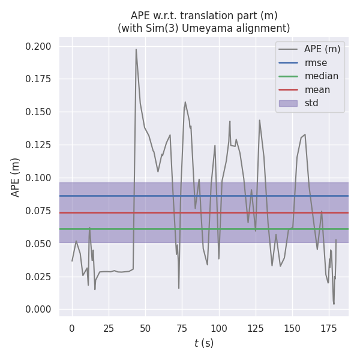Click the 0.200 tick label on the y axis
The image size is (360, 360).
click(38, 46)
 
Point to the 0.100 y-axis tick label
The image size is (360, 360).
click(38, 178)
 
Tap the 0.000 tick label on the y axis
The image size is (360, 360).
click(38, 309)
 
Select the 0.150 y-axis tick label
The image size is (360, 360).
click(38, 112)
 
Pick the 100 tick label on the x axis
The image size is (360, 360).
click(218, 328)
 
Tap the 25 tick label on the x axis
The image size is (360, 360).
click(109, 328)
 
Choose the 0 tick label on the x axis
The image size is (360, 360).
click(72, 328)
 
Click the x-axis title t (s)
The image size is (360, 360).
click(204, 343)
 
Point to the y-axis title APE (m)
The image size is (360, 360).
click(16, 177)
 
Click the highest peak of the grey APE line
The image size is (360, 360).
click(136, 50)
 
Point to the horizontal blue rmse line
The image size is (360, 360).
click(180, 196)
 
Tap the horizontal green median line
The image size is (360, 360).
click(180, 229)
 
